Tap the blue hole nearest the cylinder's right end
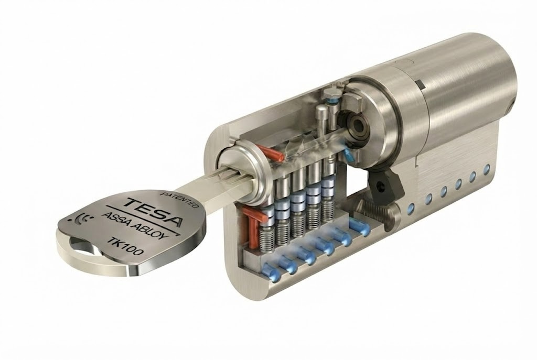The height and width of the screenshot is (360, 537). (487, 169)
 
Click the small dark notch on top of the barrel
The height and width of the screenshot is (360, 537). (421, 83)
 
